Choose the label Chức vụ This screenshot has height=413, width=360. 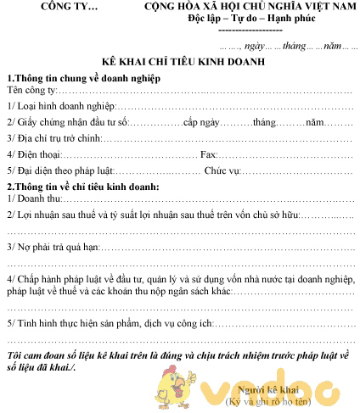(x=223, y=170)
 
